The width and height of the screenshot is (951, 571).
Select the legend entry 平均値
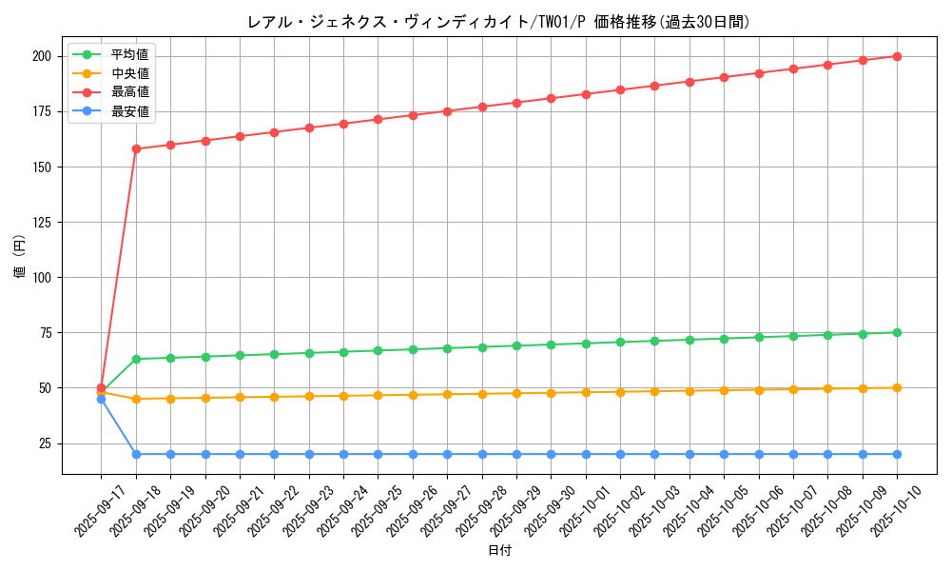tap(129, 54)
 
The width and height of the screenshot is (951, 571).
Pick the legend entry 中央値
tap(129, 73)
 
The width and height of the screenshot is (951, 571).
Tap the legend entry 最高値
tap(129, 92)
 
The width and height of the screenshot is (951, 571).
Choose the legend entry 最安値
tap(129, 111)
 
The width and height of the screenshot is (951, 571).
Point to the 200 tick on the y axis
tap(41, 56)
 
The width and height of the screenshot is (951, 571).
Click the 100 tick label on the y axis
tap(41, 278)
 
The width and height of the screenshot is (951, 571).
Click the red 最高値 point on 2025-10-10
tap(897, 56)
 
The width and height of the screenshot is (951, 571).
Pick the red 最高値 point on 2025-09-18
tap(136, 148)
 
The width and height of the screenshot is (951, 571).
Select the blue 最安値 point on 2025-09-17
tap(101, 399)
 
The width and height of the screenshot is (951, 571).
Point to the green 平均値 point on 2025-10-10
tap(897, 332)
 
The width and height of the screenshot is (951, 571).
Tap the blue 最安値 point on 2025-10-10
tap(897, 454)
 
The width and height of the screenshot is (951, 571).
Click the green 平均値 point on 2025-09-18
tap(136, 359)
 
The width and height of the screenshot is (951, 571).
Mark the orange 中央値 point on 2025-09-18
tap(136, 399)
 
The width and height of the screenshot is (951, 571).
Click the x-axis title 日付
tap(499, 551)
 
